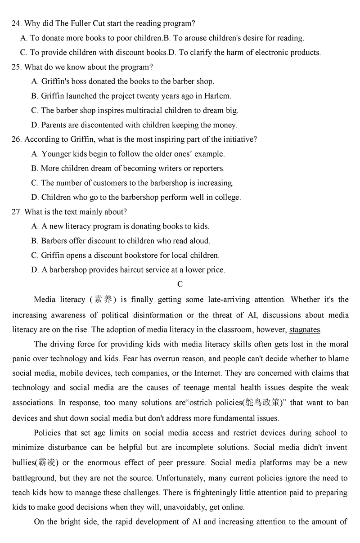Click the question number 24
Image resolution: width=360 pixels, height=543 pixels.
pyautogui.click(x=16, y=23)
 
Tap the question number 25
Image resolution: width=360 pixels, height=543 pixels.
pyautogui.click(x=16, y=67)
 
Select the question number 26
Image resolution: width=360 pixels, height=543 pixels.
pyautogui.click(x=16, y=139)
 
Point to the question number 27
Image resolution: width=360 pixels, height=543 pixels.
pyautogui.click(x=16, y=212)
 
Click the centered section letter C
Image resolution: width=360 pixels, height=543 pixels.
pyautogui.click(x=180, y=284)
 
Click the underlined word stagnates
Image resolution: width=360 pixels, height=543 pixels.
pyautogui.click(x=305, y=330)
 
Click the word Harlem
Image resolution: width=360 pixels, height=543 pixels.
pyautogui.click(x=217, y=96)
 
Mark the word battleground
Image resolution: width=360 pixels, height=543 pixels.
pyautogui.click(x=35, y=478)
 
